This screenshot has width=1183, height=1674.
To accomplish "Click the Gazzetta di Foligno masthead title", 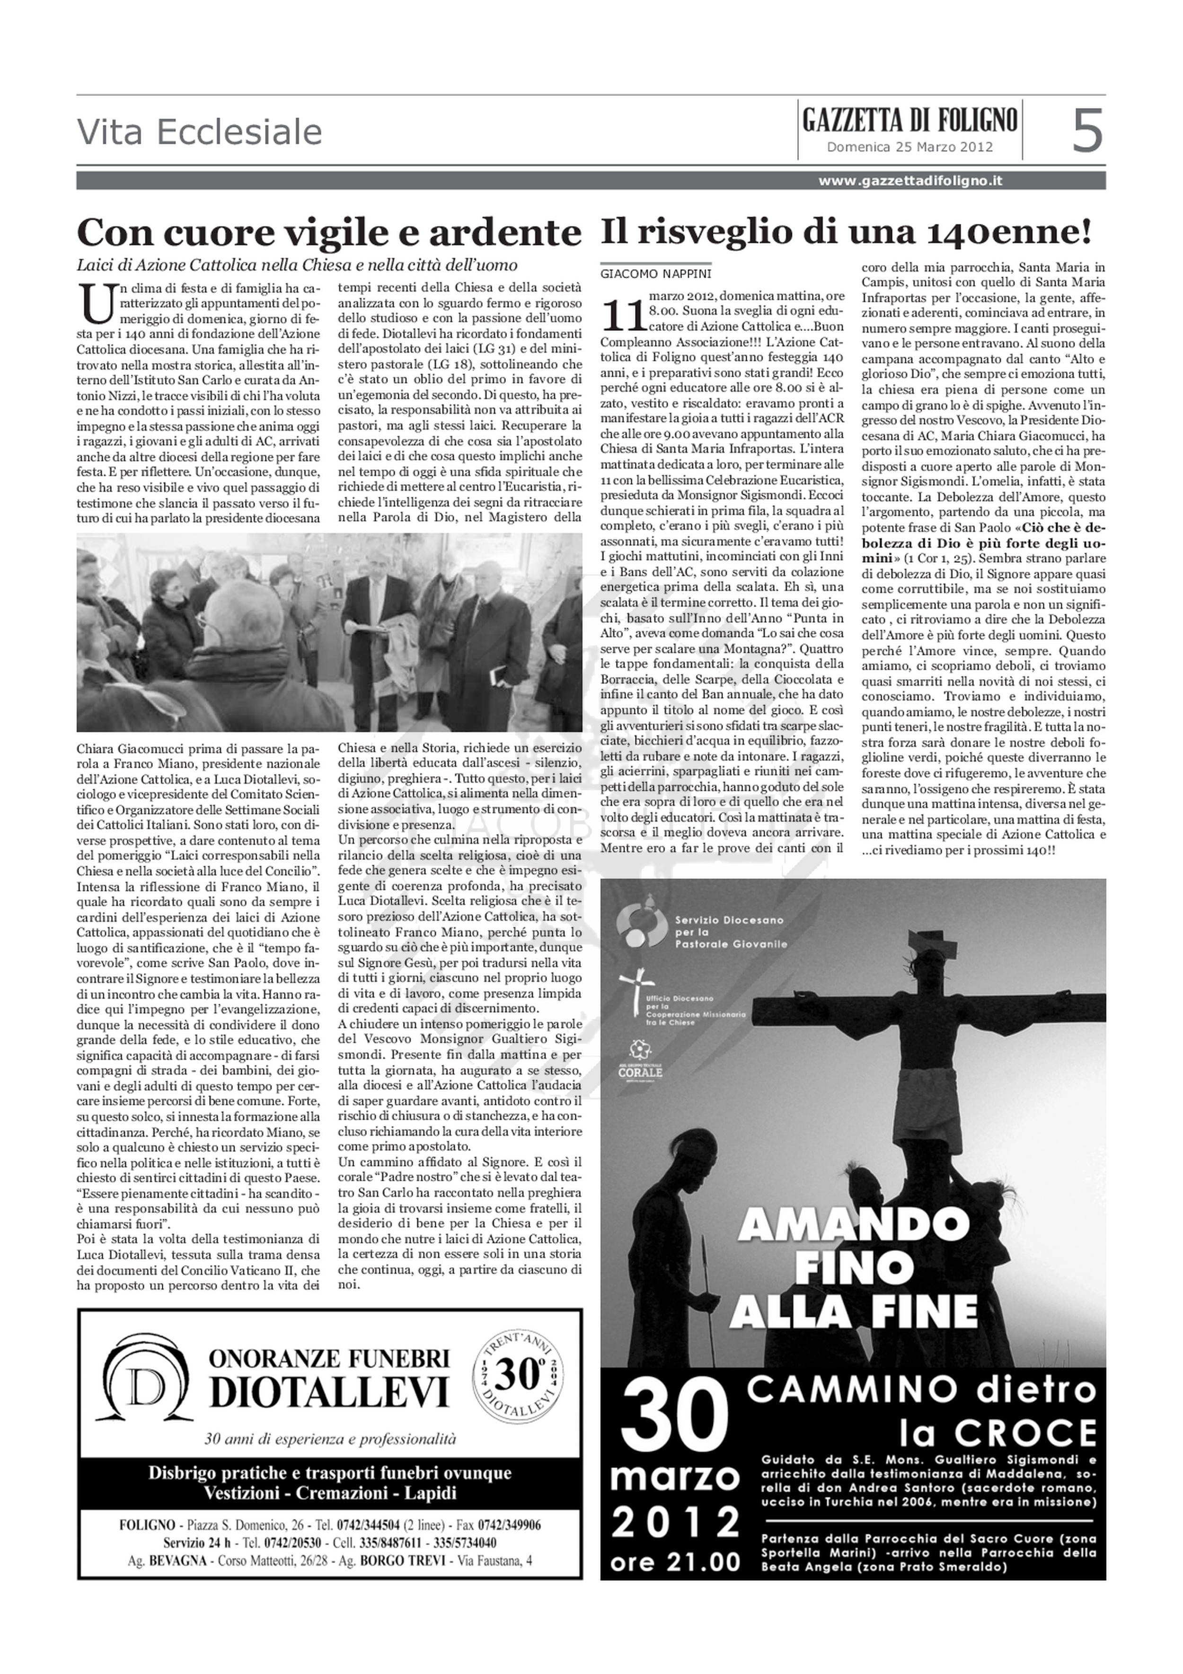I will pyautogui.click(x=909, y=120).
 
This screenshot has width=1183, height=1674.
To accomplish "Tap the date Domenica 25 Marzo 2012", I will pyautogui.click(x=909, y=147).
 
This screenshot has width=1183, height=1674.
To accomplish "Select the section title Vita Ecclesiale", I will pyautogui.click(x=199, y=133).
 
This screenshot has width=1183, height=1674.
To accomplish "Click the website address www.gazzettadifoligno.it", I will pyautogui.click(x=909, y=181).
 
